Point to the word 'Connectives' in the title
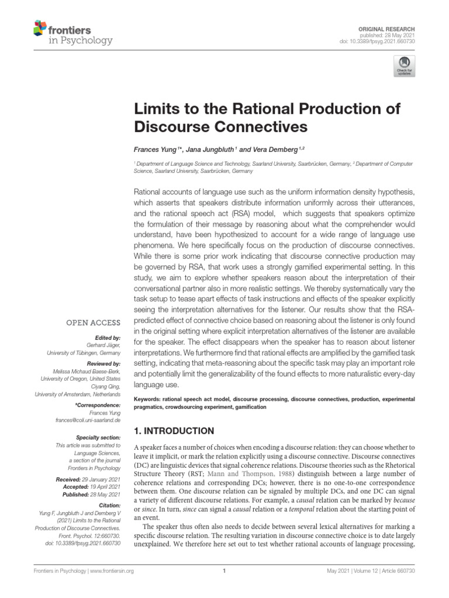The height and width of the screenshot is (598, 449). tap(254, 126)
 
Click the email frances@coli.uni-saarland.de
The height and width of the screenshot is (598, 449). tap(89, 420)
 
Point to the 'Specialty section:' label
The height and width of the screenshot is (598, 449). tap(98, 437)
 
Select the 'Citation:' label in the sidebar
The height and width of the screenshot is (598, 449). tap(109, 504)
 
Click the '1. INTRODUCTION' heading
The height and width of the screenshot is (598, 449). tap(174, 432)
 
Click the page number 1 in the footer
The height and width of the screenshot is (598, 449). tap(224, 571)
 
